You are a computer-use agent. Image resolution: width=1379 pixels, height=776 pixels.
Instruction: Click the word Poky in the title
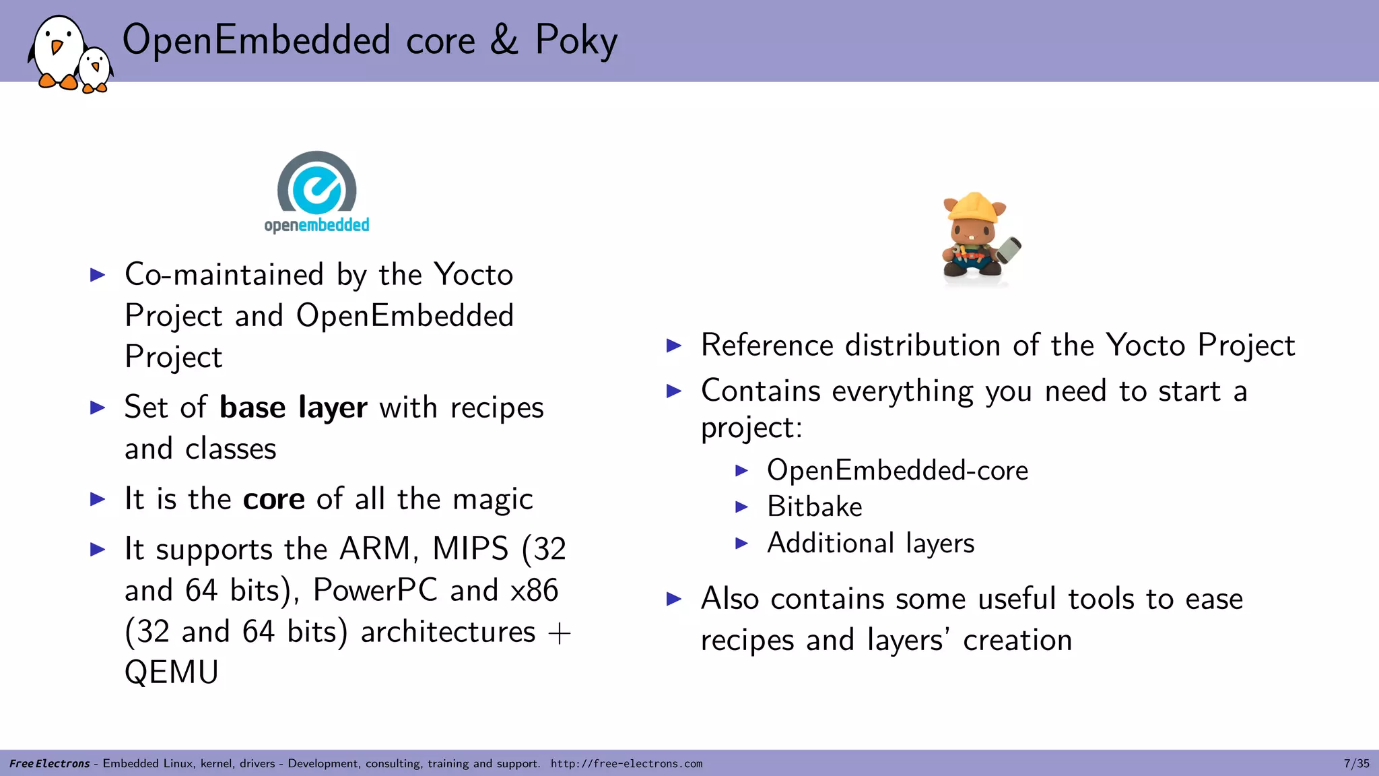[576, 40]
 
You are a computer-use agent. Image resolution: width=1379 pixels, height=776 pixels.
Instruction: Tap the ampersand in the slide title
[504, 40]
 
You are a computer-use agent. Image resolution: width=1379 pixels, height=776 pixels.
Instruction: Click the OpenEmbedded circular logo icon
[316, 183]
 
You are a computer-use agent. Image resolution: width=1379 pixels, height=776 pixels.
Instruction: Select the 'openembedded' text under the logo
[316, 225]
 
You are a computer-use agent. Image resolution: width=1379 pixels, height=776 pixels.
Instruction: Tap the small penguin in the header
[95, 69]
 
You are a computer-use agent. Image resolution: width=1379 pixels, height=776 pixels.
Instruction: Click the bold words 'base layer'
[294, 408]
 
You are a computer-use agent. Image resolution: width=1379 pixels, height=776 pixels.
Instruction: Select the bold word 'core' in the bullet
[273, 499]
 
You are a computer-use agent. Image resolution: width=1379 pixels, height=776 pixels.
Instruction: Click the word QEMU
[172, 672]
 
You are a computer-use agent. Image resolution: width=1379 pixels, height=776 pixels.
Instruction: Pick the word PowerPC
[376, 590]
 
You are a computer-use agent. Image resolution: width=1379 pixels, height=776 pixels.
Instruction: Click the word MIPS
[470, 549]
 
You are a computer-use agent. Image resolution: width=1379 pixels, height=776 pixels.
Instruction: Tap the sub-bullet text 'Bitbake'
[814, 507]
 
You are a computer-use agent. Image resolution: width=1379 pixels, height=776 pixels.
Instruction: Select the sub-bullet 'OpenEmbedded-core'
[897, 470]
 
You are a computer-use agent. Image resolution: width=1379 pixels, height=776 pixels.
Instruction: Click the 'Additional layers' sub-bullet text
[870, 543]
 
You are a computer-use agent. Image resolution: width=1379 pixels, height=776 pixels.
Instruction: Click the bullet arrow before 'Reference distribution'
[674, 346]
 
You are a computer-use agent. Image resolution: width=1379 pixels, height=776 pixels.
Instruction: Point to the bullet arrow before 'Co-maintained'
[98, 275]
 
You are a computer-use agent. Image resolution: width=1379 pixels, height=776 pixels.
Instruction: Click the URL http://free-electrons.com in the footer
[626, 764]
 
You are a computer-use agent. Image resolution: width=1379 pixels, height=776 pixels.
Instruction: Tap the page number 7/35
[1356, 764]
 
